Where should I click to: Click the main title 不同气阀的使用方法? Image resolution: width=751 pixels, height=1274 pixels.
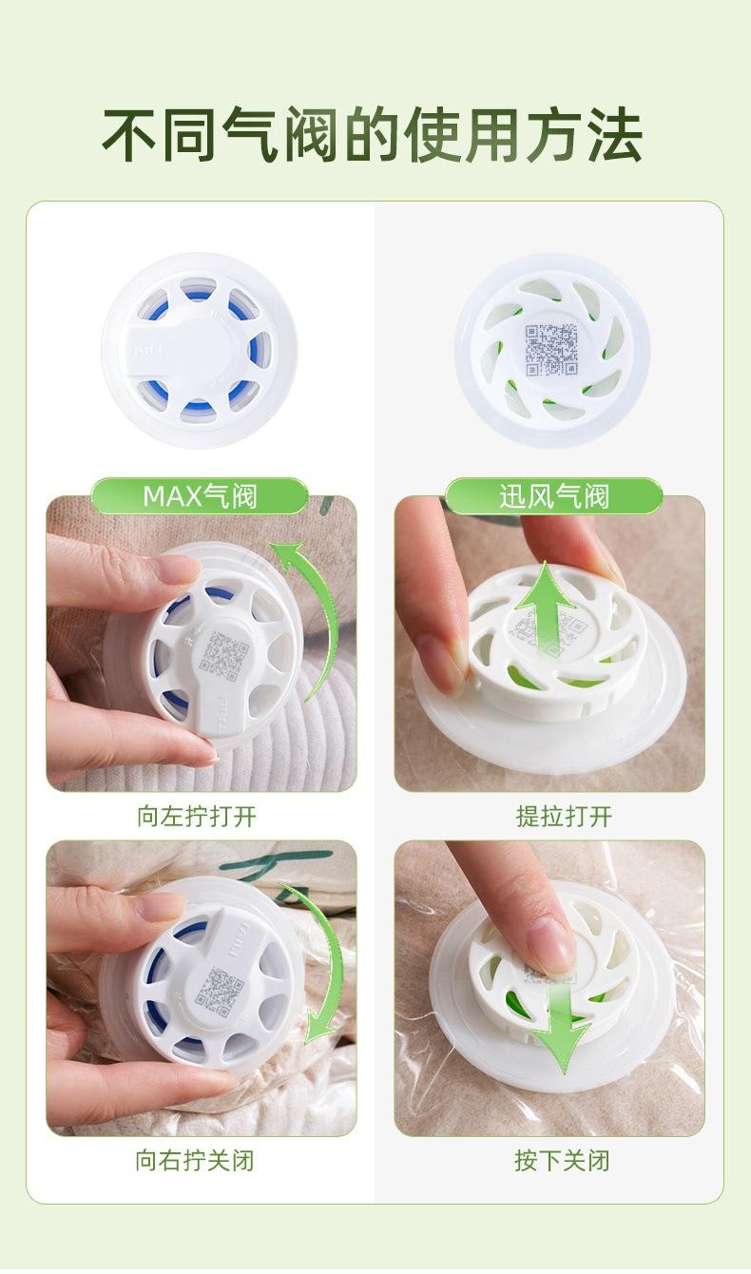pos(373,136)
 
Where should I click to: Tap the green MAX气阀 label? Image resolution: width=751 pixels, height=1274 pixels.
pos(200,495)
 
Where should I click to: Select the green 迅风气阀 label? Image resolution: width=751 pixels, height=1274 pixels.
pos(554,495)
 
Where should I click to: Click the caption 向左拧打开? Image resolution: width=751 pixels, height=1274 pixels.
pos(197,816)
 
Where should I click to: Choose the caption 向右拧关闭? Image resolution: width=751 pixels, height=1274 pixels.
pos(195,1160)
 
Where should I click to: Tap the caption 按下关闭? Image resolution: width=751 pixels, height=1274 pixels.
pos(562,1160)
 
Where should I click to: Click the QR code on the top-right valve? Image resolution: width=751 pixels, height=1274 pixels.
pos(551,350)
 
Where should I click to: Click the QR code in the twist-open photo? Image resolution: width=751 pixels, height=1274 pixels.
pos(225,654)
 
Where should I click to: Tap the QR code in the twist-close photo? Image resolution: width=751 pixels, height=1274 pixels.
pos(220,992)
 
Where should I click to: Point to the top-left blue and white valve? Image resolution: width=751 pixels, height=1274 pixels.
pos(200,350)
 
